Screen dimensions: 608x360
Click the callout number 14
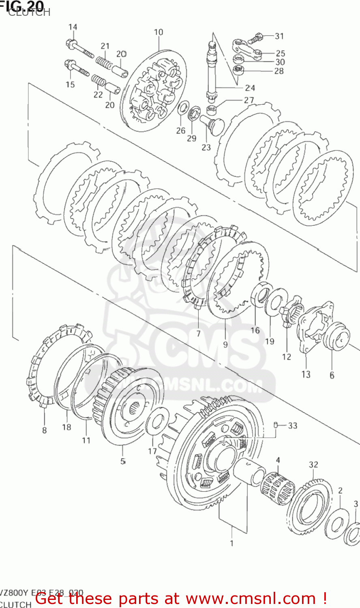[73, 27]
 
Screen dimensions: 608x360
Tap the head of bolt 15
[69, 64]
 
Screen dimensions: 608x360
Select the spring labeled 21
[103, 62]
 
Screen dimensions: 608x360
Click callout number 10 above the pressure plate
[159, 32]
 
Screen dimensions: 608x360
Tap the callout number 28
[279, 71]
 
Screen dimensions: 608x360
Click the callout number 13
[306, 374]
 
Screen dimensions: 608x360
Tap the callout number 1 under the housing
[231, 543]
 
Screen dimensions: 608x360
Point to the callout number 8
[44, 430]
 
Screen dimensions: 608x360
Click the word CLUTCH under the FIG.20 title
[29, 13]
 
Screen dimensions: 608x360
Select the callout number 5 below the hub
[122, 461]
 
